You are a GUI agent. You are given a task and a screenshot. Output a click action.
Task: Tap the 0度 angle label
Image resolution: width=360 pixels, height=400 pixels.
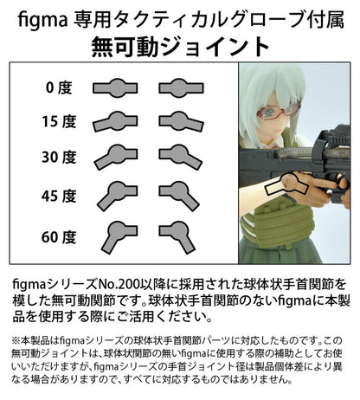point(57,87)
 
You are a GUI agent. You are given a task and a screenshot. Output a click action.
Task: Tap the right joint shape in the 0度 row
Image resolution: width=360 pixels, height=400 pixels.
point(182,87)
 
